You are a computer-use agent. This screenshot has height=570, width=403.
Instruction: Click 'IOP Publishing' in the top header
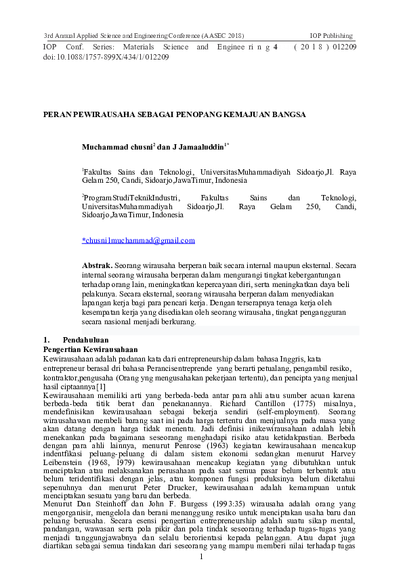click(331, 35)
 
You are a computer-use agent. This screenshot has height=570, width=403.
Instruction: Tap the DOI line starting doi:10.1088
click(106, 58)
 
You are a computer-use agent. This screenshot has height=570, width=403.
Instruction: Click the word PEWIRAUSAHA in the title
click(100, 115)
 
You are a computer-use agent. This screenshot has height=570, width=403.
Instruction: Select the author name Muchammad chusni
click(117, 147)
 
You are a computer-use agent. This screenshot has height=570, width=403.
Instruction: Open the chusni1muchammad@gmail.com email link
click(138, 240)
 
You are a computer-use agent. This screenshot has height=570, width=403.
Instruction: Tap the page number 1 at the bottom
click(201, 558)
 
